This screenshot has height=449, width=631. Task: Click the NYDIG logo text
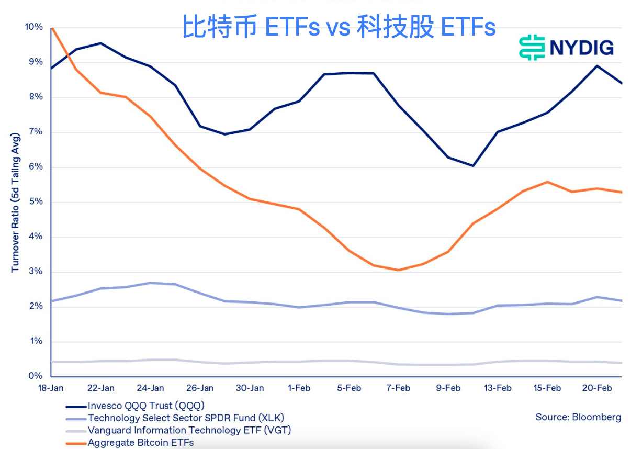(581, 48)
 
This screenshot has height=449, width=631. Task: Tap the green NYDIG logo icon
(532, 48)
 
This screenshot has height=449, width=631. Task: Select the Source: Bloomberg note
(578, 417)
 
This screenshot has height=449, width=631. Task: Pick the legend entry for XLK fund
(186, 418)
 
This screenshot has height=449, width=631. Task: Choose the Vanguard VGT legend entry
(189, 430)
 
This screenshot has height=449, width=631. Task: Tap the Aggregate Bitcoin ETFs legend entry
(141, 443)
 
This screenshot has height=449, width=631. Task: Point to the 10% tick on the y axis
(33, 27)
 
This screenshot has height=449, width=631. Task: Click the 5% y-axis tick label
(35, 202)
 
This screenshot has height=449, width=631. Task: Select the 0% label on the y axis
(35, 376)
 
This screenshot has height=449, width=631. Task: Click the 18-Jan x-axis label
(51, 388)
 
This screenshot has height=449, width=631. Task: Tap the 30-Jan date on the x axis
(250, 388)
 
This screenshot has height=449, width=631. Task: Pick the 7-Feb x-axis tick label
(398, 388)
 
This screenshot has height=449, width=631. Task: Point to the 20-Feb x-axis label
(597, 388)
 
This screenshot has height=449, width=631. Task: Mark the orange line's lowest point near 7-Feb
(398, 270)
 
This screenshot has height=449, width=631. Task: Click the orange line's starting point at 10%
(51, 27)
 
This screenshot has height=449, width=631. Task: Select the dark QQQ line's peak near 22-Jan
(100, 43)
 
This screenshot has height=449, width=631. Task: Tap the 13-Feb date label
(498, 388)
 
